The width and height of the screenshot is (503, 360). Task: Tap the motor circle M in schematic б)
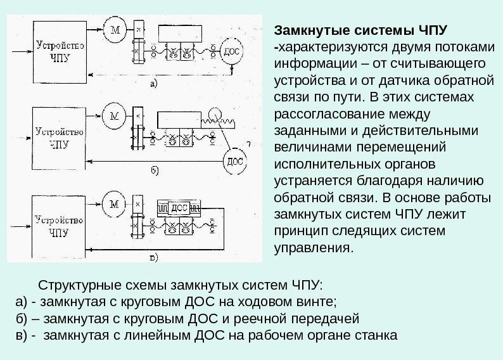pos(115,117)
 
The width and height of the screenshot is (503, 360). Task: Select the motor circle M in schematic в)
pos(115,203)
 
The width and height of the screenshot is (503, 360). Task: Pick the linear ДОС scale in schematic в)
pos(180,207)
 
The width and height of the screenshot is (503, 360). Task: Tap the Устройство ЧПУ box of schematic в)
pos(59,225)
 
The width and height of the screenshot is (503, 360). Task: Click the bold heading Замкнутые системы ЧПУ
pos(361,30)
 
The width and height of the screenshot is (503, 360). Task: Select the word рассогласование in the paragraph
pos(325,115)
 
